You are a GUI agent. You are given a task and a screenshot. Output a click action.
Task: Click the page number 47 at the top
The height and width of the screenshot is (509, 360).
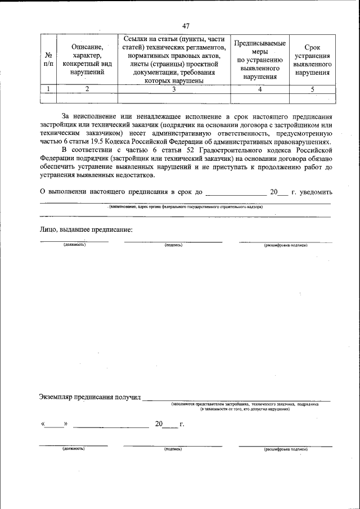tap(186, 26)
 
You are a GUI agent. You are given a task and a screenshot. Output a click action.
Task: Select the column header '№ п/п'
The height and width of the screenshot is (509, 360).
tap(48, 60)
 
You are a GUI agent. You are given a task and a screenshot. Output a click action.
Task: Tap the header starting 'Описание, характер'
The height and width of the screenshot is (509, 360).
tap(87, 60)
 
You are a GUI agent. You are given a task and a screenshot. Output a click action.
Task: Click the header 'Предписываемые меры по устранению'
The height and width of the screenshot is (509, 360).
tap(259, 60)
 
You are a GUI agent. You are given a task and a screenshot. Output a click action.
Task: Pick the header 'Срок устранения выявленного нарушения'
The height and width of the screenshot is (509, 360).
tap(312, 60)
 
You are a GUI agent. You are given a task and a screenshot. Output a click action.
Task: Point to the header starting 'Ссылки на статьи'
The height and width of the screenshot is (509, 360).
tap(174, 60)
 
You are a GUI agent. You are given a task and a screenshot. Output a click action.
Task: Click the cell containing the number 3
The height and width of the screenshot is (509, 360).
tap(174, 89)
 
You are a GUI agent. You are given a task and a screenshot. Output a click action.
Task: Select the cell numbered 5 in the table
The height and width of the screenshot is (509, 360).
tap(312, 89)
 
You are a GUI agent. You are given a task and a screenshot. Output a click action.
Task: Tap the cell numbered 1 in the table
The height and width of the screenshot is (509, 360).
tap(48, 89)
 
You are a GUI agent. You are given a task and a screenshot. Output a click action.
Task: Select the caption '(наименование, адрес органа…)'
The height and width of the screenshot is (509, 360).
tap(186, 206)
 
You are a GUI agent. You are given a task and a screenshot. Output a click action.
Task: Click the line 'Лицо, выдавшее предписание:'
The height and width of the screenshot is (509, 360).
tap(86, 229)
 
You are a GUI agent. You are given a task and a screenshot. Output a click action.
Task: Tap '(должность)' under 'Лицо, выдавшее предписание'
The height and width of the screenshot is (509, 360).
tap(74, 245)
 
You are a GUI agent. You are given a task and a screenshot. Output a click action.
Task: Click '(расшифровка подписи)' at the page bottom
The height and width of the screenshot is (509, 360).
tap(286, 449)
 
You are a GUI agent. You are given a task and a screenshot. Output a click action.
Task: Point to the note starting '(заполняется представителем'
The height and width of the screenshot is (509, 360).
tap(245, 404)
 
